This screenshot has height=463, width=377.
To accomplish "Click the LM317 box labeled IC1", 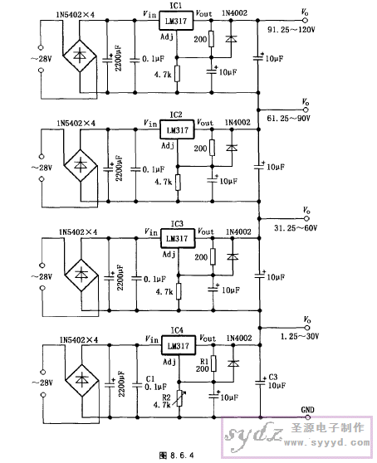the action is tap(176, 21).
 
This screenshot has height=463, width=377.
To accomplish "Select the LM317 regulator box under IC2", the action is tap(177, 129).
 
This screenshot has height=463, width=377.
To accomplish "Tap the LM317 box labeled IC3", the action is tap(178, 238).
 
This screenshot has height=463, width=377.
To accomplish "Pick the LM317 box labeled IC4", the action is tap(179, 345).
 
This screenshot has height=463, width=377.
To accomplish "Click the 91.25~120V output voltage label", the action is tap(291, 30).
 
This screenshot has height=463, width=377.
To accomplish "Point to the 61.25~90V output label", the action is tap(289, 119).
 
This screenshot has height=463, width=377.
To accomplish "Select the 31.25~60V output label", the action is tap(296, 228).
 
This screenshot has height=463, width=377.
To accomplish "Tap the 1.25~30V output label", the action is tap(300, 336).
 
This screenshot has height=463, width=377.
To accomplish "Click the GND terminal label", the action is tap(307, 410).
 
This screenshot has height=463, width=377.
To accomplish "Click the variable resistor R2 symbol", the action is tap(179, 398).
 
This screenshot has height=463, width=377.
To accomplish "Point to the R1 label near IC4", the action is tap(204, 362).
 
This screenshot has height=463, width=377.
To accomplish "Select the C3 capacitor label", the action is tap(273, 377).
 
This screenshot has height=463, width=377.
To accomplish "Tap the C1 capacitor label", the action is tap(150, 379).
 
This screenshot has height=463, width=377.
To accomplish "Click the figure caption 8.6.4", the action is tap(176, 455).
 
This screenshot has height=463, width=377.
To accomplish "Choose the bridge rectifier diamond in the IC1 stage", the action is tap(80, 56).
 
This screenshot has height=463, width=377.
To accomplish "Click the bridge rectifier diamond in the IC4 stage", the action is tap(82, 381).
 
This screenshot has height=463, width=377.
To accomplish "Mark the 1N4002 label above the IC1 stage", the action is tap(235, 13).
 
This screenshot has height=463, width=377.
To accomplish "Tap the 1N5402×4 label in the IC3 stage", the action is tap(78, 232).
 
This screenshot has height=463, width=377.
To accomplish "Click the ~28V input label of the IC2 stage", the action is tap(42, 168).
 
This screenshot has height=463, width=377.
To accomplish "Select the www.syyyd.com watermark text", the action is tap(327, 442).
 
